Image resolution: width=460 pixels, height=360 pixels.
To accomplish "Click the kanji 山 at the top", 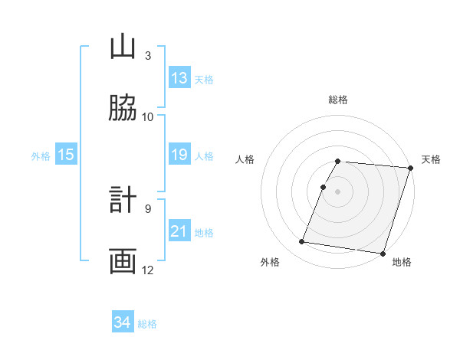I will click(123, 47).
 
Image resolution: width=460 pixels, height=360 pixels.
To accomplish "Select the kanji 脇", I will click(123, 108).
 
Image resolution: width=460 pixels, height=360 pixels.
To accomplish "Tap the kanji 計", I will click(123, 200).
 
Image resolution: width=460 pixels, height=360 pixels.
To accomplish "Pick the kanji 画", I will click(123, 260).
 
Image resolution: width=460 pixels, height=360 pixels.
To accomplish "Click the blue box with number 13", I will click(179, 78).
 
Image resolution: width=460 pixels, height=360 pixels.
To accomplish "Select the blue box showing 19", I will click(179, 155).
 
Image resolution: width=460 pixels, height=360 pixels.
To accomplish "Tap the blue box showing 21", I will click(179, 231).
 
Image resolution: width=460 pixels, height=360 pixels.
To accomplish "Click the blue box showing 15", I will click(66, 155).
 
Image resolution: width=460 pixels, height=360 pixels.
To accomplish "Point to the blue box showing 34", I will click(123, 322).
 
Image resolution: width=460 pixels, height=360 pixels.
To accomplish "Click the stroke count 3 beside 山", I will click(148, 56).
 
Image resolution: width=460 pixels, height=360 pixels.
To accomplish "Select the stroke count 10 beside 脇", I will click(148, 117).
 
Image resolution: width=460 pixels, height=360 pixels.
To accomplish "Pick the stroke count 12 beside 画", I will click(148, 270).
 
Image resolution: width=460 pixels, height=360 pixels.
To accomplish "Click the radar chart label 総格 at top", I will click(338, 100).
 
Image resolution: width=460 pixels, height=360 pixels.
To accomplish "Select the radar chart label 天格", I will click(431, 159).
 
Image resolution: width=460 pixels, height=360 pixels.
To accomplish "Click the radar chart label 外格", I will click(269, 262).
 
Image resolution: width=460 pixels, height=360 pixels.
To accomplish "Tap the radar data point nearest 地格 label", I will click(383, 253).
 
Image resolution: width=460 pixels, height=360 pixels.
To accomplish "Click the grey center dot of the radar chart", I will click(337, 191).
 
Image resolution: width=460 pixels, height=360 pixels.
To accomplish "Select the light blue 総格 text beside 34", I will click(147, 324).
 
